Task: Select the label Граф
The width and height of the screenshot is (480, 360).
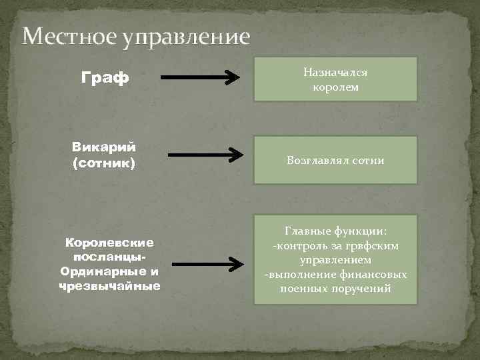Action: pos(105,79)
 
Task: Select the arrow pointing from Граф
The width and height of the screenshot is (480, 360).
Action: pos(201,78)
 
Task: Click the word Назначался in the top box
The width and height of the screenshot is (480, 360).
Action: pos(336,71)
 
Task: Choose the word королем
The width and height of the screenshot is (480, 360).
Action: pos(336,87)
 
